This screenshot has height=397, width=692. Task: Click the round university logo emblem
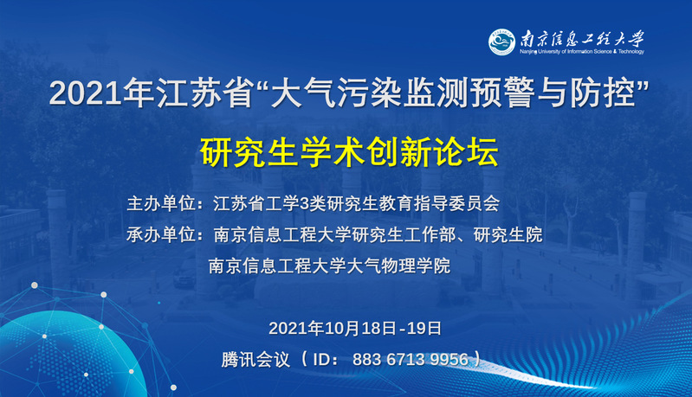tap(501, 42)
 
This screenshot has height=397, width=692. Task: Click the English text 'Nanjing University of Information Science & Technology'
tap(582, 52)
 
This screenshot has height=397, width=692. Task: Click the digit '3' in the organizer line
tap(304, 204)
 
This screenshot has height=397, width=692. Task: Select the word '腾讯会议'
tap(255, 360)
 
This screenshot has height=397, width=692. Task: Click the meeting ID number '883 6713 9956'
tap(411, 360)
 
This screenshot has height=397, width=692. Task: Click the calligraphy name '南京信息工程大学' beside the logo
tap(582, 38)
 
